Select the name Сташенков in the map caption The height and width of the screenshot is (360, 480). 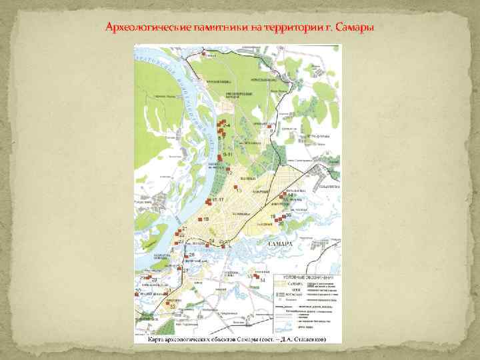coord(303,338)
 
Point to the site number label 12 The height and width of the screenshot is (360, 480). coord(229,173)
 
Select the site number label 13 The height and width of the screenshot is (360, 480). coord(238,190)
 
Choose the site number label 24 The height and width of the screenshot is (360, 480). coord(212,240)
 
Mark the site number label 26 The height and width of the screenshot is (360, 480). coord(192,255)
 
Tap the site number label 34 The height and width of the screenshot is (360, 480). coord(263,281)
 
